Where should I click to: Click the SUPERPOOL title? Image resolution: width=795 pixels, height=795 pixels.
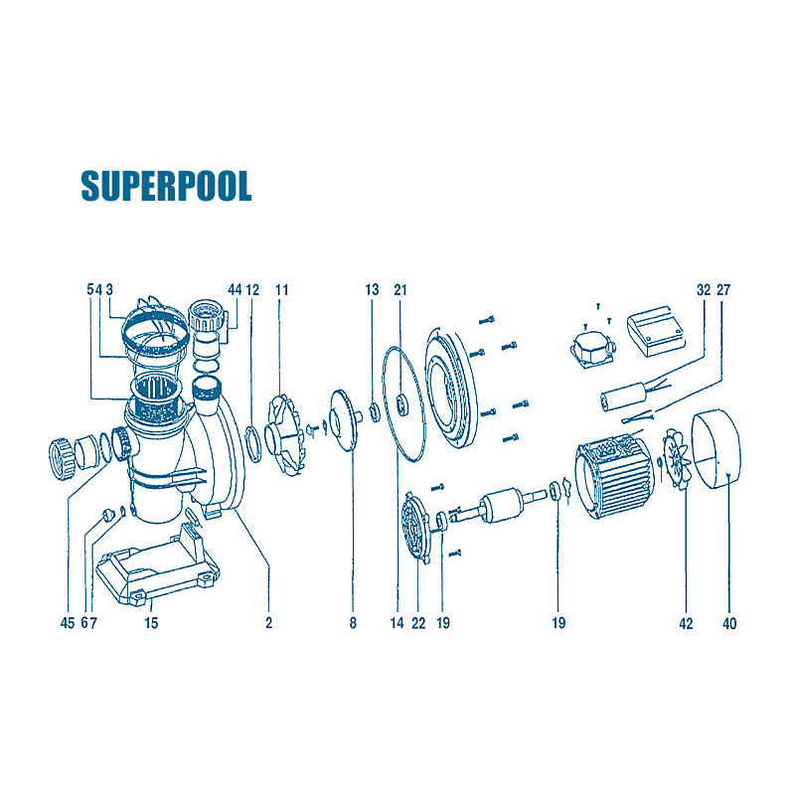coord(166,186)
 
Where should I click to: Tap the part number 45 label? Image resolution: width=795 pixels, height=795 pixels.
coord(67,623)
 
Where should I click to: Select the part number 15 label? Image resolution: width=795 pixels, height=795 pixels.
coord(151,623)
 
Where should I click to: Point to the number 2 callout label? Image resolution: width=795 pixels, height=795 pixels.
coord(268,623)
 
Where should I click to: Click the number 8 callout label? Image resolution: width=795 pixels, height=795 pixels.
coord(353,623)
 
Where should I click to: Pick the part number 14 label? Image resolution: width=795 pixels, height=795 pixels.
coord(397,623)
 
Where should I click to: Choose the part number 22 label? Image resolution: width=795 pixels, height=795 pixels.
coord(418,623)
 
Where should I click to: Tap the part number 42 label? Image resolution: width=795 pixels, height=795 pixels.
coord(686,623)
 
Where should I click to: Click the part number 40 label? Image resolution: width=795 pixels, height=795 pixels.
coord(729,623)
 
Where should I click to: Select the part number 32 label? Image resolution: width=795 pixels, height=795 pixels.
coord(704,289)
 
